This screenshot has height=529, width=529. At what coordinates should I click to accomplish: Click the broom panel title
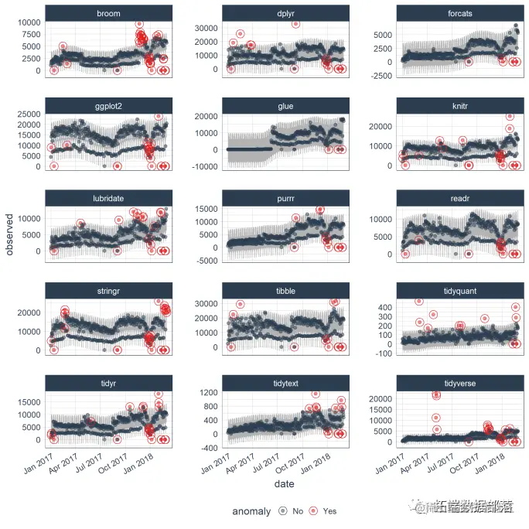[x=108, y=13]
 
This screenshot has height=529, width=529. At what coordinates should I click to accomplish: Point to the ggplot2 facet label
[x=108, y=106]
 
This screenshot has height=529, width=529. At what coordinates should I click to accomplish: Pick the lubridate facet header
[x=108, y=199]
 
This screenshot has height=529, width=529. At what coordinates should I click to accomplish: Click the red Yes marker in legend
[x=315, y=511]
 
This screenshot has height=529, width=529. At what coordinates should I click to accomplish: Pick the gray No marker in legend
[x=283, y=511]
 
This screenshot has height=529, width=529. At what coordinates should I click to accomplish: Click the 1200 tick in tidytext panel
[x=205, y=392]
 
